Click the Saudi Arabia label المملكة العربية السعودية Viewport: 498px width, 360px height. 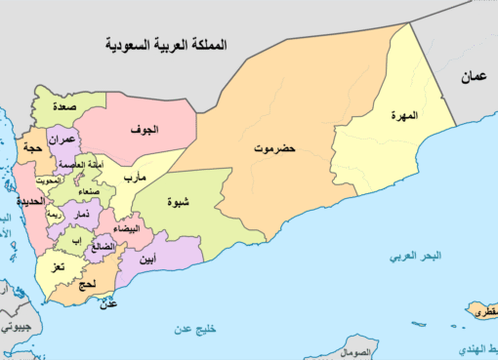pos(167,44)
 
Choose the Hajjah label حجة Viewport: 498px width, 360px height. pos(29,147)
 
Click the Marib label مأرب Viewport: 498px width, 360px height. pos(133,178)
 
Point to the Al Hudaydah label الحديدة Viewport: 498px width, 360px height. pos(29,201)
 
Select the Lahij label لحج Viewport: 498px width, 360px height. pos(86,284)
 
